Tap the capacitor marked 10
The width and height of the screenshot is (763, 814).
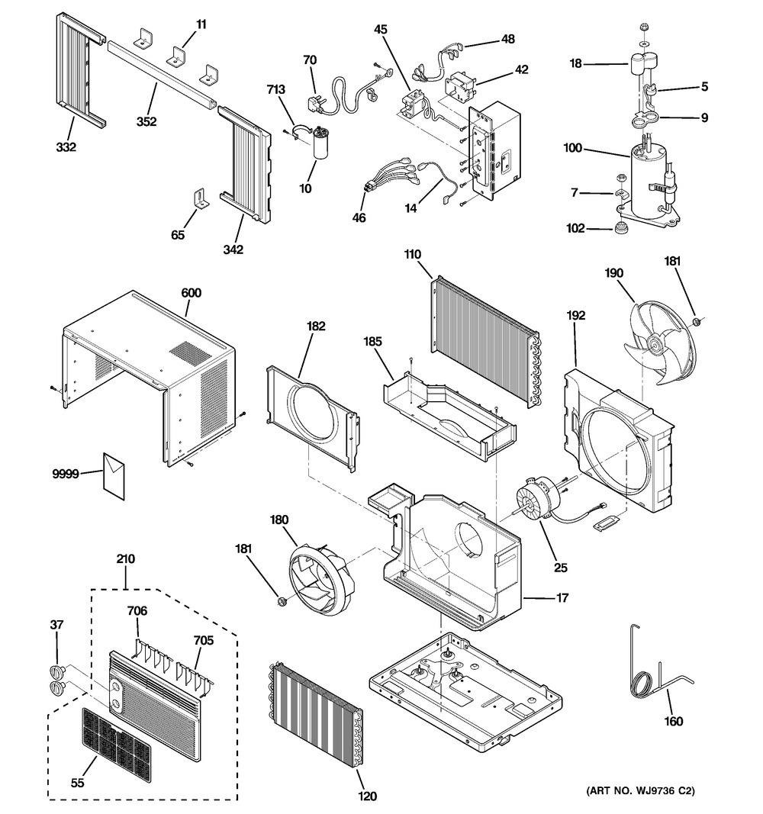tap(323, 145)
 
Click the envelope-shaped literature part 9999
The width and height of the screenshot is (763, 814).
tap(114, 476)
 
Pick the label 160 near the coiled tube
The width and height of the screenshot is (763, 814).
tap(673, 722)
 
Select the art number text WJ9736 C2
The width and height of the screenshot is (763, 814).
tap(641, 791)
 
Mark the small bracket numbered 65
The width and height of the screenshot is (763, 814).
tap(201, 200)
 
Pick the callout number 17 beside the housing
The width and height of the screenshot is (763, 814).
tap(562, 598)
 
